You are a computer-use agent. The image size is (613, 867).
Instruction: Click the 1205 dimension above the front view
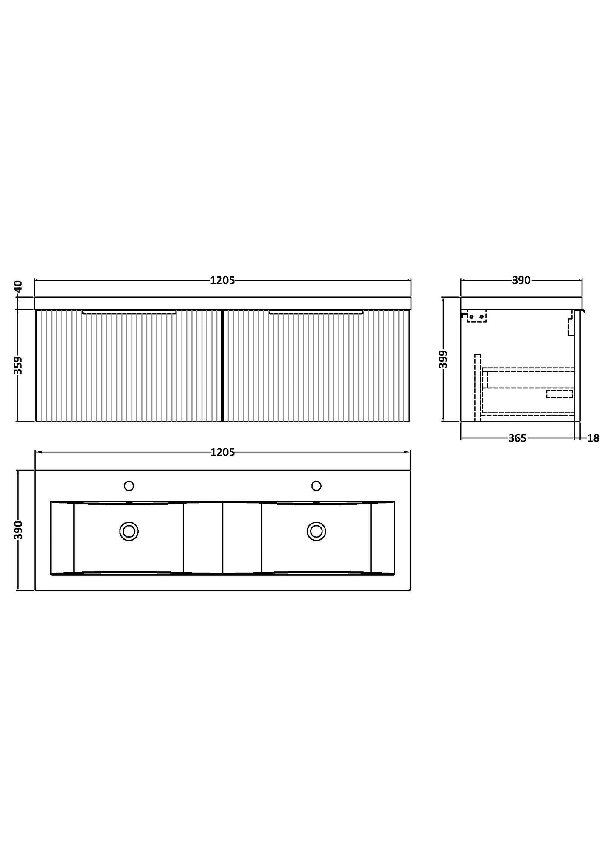[x=222, y=280]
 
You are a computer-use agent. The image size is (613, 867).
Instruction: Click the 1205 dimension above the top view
[x=222, y=452]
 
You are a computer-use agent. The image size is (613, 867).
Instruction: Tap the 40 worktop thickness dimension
[x=18, y=287]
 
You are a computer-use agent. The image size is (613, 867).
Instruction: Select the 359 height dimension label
[x=18, y=365]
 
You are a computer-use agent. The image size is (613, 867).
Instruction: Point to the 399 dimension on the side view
[x=443, y=359]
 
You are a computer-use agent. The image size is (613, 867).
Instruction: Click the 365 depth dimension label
[x=517, y=438]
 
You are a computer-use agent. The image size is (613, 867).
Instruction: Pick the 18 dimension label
[x=593, y=438]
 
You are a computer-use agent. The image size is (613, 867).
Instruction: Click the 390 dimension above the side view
[x=521, y=280]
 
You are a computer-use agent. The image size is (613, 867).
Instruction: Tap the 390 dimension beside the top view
[x=18, y=530]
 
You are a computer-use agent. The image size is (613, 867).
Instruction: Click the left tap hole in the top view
[x=129, y=485]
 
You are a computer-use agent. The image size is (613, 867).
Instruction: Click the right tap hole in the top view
[x=316, y=485]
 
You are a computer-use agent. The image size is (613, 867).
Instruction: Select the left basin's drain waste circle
[x=129, y=531]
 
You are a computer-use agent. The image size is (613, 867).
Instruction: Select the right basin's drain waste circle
[x=316, y=531]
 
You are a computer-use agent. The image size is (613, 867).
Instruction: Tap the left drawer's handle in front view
[x=129, y=312]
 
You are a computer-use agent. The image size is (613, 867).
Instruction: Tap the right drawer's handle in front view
[x=316, y=312]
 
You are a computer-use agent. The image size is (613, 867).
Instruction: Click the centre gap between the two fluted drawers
[x=222, y=365]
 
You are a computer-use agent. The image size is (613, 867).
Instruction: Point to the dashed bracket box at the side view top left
[x=476, y=316]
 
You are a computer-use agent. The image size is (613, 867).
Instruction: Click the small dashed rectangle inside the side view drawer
[x=559, y=394]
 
